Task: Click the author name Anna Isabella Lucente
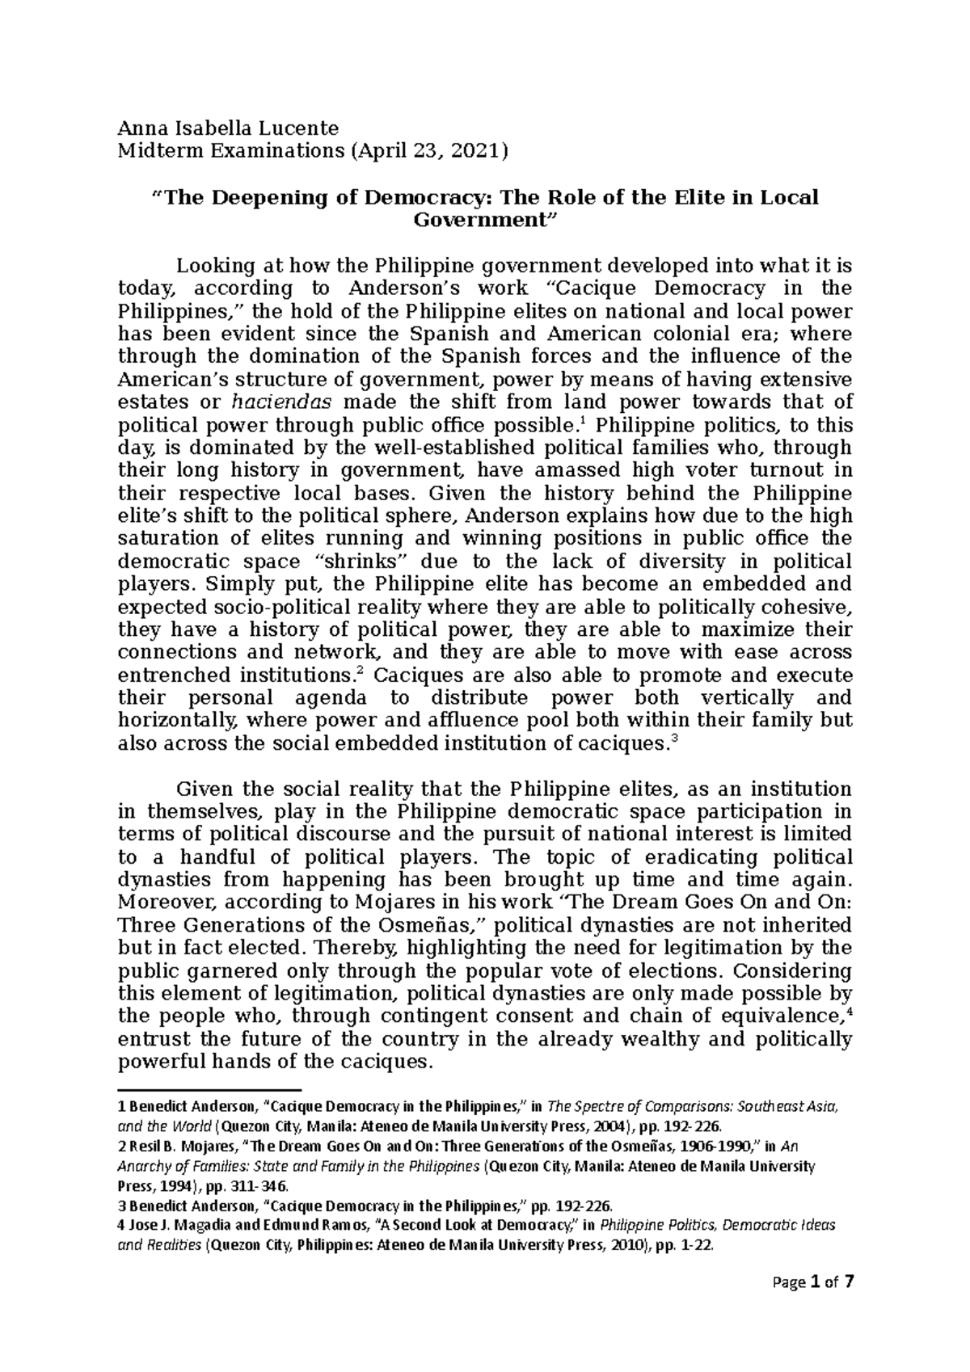pyautogui.click(x=229, y=127)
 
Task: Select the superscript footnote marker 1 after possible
pyautogui.click(x=572, y=420)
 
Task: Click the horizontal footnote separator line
pyautogui.click(x=209, y=1089)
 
